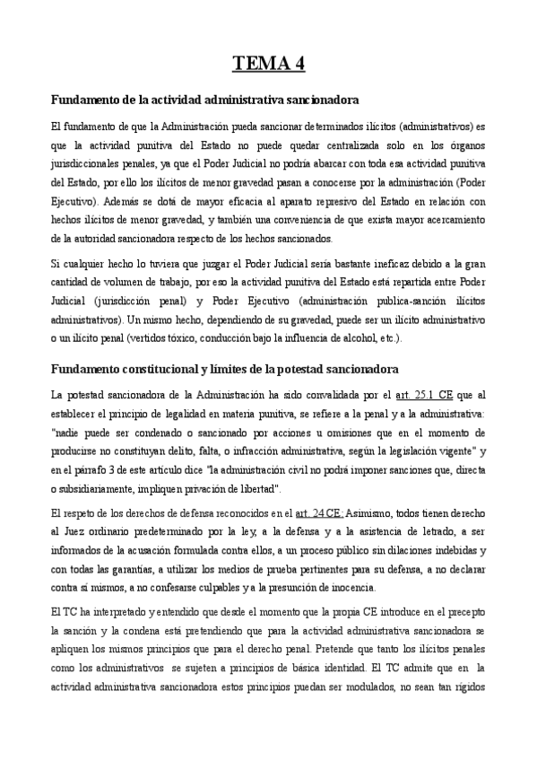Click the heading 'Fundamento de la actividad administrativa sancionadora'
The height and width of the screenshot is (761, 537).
coord(205,100)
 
